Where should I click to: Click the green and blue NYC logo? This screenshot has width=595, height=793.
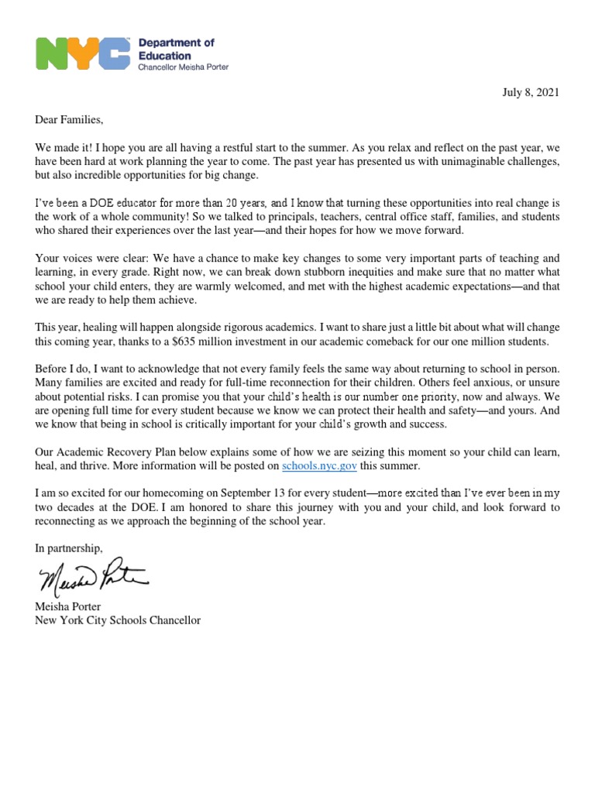pos(83,54)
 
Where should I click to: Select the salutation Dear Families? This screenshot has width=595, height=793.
pos(68,120)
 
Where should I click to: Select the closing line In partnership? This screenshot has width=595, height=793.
pos(68,548)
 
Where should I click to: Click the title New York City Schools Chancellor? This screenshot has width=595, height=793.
pos(118,620)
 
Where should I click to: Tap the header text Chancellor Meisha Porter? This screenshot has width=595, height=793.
pos(183,67)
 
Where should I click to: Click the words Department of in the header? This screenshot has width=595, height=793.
pos(176,43)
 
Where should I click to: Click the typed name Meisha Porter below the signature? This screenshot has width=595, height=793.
pos(69,607)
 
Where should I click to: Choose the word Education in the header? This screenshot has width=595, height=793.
pos(164,56)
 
